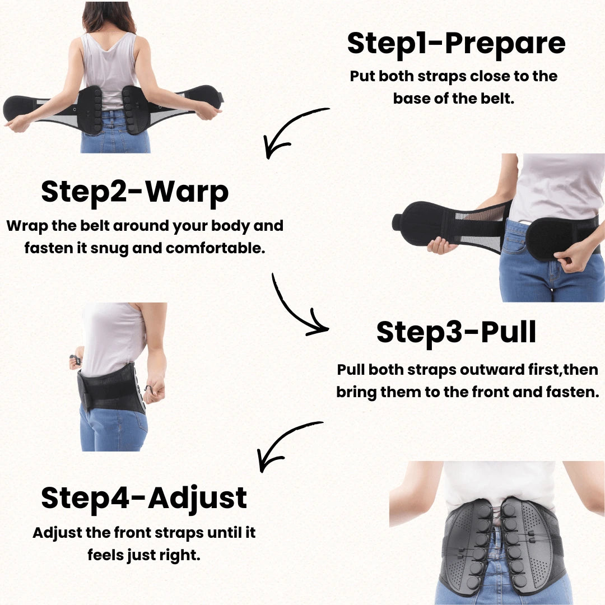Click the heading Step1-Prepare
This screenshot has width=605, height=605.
456,44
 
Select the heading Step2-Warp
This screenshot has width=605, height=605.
135,192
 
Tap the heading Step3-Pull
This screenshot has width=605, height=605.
456,333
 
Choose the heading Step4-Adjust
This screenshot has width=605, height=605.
144,498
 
